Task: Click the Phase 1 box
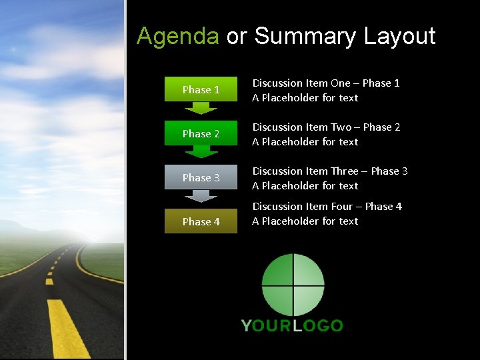201,89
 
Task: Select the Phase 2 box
201,133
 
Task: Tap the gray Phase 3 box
201,177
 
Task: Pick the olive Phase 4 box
201,221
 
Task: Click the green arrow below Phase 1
201,107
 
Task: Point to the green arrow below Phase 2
201,151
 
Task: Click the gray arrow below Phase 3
201,196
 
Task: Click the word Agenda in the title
177,37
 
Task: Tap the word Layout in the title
399,37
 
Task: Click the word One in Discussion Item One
340,83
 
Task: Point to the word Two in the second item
341,127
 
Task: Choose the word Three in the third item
346,171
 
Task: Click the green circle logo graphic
293,285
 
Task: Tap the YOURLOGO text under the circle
292,325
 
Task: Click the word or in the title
236,37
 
